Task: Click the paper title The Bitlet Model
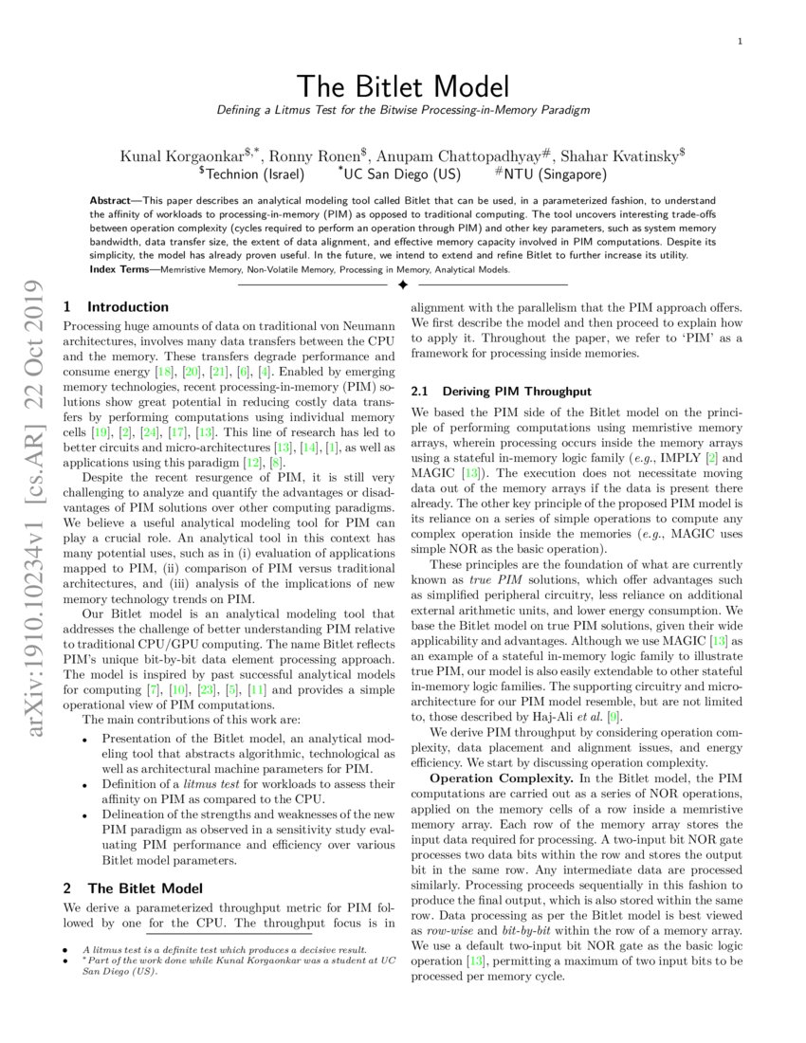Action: pyautogui.click(x=402, y=86)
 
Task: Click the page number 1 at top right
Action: pyautogui.click(x=739, y=41)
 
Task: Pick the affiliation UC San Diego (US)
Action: pyautogui.click(x=403, y=174)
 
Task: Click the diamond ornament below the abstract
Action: pyautogui.click(x=402, y=284)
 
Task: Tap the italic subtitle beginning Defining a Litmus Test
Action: pyautogui.click(x=402, y=110)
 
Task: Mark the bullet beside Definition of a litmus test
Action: pyautogui.click(x=86, y=785)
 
